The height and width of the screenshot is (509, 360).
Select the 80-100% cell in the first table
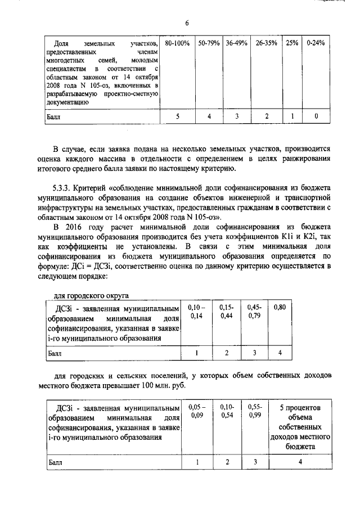click(x=177, y=43)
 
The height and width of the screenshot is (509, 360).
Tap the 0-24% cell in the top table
click(x=316, y=43)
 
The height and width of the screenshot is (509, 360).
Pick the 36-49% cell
click(x=237, y=43)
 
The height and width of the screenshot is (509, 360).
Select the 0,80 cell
click(x=280, y=308)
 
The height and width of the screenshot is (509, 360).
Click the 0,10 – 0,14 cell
click(x=197, y=312)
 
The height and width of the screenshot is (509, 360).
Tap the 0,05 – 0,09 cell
click(x=197, y=411)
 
